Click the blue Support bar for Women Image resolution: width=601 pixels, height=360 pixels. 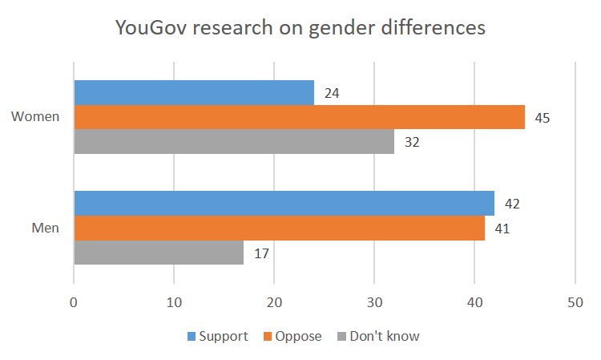click(x=194, y=92)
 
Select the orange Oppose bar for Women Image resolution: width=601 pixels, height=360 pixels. click(x=299, y=117)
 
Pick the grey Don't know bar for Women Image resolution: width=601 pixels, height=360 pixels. click(x=234, y=142)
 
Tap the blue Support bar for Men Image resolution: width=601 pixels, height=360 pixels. click(x=284, y=204)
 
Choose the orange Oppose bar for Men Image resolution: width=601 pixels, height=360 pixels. click(x=279, y=228)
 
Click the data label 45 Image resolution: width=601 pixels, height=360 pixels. click(x=543, y=118)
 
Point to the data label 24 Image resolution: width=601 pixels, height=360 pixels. click(x=332, y=93)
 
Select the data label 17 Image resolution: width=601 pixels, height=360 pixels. click(x=262, y=253)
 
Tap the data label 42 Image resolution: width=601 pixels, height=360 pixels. click(x=512, y=204)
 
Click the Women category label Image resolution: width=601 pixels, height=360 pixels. click(x=35, y=117)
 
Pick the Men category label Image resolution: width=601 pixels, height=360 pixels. click(x=45, y=229)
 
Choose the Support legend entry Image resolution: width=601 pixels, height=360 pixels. click(x=217, y=336)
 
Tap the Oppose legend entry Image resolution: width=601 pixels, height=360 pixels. click(x=293, y=336)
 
